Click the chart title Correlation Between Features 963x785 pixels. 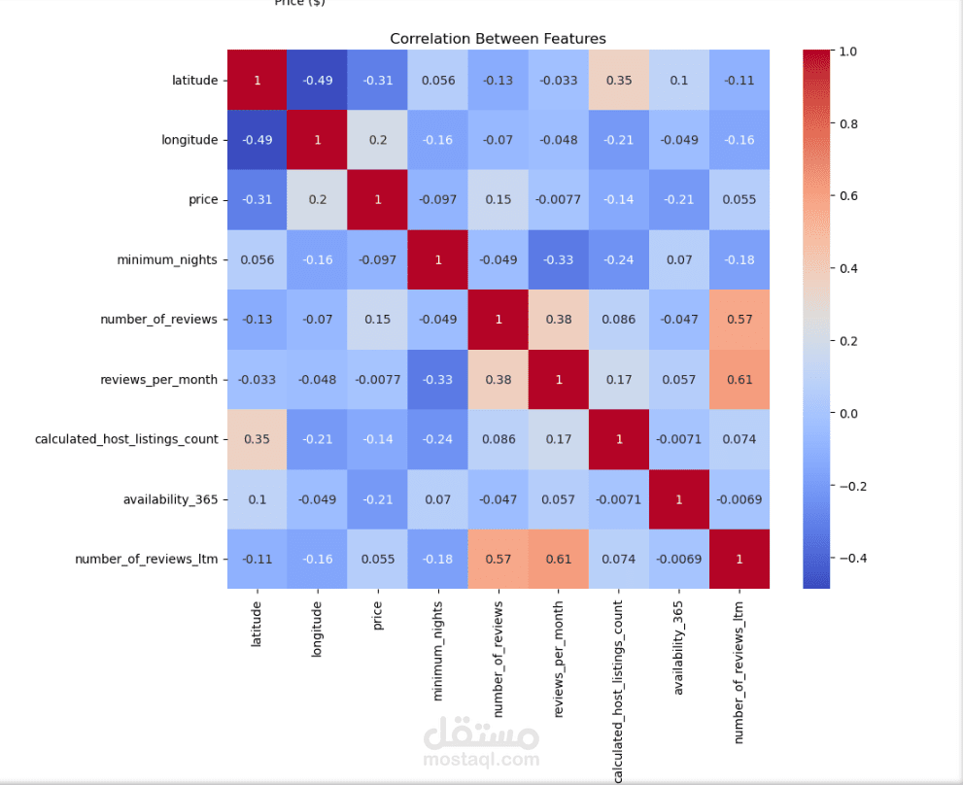coord(498,39)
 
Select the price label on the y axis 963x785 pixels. coord(203,199)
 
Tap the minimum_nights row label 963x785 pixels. coord(167,259)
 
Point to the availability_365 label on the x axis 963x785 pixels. coord(678,648)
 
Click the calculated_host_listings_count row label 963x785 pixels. coord(126,439)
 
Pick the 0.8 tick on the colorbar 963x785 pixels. coord(848,124)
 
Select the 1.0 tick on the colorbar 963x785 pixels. coord(848,51)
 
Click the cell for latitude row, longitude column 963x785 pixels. coord(318,80)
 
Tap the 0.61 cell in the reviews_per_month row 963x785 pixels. coord(739,380)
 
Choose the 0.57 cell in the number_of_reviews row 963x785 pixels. coord(739,320)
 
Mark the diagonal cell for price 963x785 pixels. coord(378,199)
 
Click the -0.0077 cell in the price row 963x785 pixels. coord(559,199)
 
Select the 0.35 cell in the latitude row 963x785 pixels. coord(618,80)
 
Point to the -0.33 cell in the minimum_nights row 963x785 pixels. coord(559,259)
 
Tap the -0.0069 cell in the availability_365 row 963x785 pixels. coord(739,499)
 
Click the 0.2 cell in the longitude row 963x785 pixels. coord(378,140)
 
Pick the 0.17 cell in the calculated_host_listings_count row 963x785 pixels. coord(559,439)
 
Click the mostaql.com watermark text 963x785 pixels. coord(482,760)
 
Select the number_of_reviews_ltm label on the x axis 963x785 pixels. coord(739,672)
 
